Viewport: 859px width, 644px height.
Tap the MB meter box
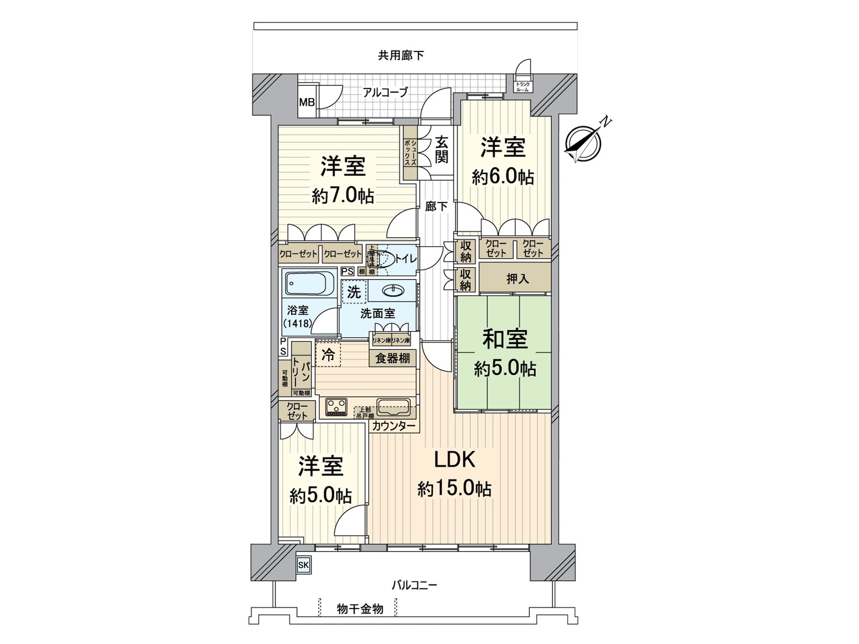click(307, 102)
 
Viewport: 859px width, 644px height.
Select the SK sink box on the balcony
click(303, 565)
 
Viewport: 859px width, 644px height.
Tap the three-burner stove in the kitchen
click(335, 407)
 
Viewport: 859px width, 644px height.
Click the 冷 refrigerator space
click(327, 355)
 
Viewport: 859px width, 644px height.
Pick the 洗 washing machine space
click(353, 292)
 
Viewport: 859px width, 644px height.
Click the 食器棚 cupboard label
click(392, 358)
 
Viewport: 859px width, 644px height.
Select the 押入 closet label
click(518, 279)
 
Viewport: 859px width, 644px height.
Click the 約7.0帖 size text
click(343, 196)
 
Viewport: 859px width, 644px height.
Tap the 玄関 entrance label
click(441, 149)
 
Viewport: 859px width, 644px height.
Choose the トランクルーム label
click(522, 86)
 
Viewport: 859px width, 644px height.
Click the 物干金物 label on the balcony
click(360, 609)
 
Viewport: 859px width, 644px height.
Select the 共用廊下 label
click(401, 55)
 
